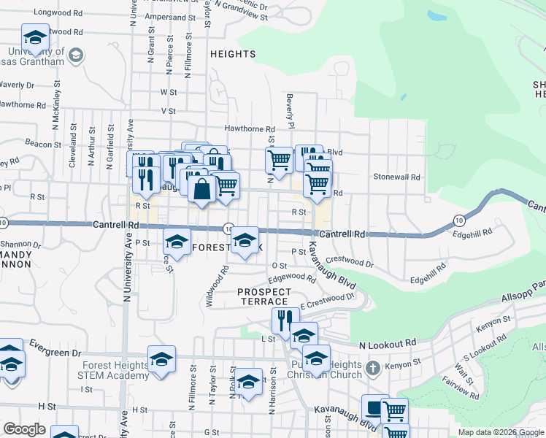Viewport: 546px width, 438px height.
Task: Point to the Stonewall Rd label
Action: [x=397, y=177]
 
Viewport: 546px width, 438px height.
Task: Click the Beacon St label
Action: [x=39, y=144]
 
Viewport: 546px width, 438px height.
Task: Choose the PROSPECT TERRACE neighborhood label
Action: [x=264, y=296]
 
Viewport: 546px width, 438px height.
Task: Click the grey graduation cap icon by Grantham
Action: [x=75, y=54]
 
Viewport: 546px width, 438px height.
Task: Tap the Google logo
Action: [x=24, y=429]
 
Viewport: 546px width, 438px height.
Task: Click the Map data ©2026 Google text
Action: [x=499, y=432]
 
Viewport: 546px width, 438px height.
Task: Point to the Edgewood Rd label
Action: [x=291, y=277]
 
